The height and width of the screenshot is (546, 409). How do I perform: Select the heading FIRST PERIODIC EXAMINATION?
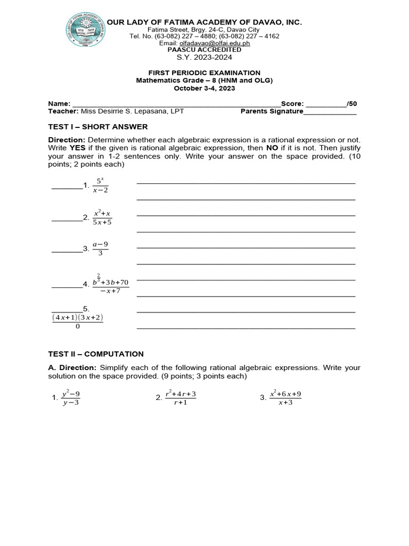[x=204, y=73]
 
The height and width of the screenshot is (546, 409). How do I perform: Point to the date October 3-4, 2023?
[x=204, y=89]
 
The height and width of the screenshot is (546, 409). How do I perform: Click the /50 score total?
[x=351, y=103]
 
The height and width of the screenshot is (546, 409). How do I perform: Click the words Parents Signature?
[x=272, y=111]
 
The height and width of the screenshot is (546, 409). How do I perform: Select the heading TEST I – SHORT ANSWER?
[x=98, y=126]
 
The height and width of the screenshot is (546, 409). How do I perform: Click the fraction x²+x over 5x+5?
[x=102, y=218]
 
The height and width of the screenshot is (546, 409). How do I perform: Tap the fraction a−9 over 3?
[x=100, y=248]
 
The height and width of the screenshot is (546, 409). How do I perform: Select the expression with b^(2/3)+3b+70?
[x=110, y=285]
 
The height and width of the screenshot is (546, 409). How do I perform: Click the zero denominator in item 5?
[x=77, y=327]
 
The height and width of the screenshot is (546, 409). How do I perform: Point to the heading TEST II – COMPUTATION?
[x=96, y=354]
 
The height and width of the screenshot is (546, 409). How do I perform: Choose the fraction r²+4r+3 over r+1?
[x=180, y=398]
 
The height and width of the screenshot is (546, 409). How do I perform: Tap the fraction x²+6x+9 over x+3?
[x=285, y=398]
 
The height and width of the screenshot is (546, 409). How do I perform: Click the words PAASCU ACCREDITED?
[x=204, y=50]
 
